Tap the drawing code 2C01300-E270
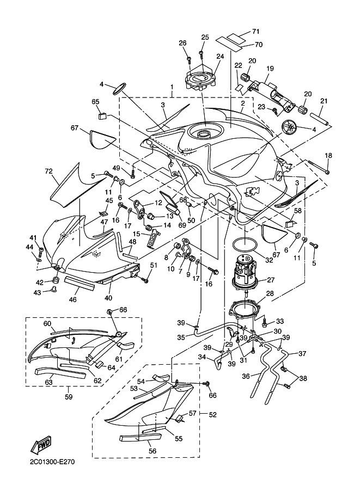pos(52,462)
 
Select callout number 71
pos(255,32)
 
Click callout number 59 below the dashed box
pos(69,396)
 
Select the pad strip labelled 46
pos(80,283)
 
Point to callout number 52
pos(212,415)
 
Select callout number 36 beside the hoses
pos(246,376)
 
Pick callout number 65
pos(95,102)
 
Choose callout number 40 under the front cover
pos(108,298)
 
